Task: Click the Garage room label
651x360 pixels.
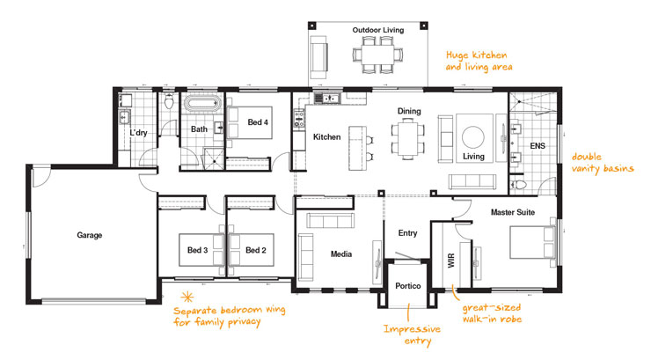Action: (89, 235)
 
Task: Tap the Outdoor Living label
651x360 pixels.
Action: (378, 30)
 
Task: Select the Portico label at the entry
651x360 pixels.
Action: (407, 287)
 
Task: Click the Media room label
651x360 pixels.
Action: (341, 254)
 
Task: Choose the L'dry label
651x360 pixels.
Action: (138, 133)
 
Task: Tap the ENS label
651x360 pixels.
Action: (538, 145)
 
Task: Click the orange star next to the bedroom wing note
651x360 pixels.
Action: (186, 297)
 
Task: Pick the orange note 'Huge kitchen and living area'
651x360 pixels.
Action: (479, 60)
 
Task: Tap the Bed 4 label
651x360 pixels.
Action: (258, 121)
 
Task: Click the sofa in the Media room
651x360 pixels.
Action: (307, 254)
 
